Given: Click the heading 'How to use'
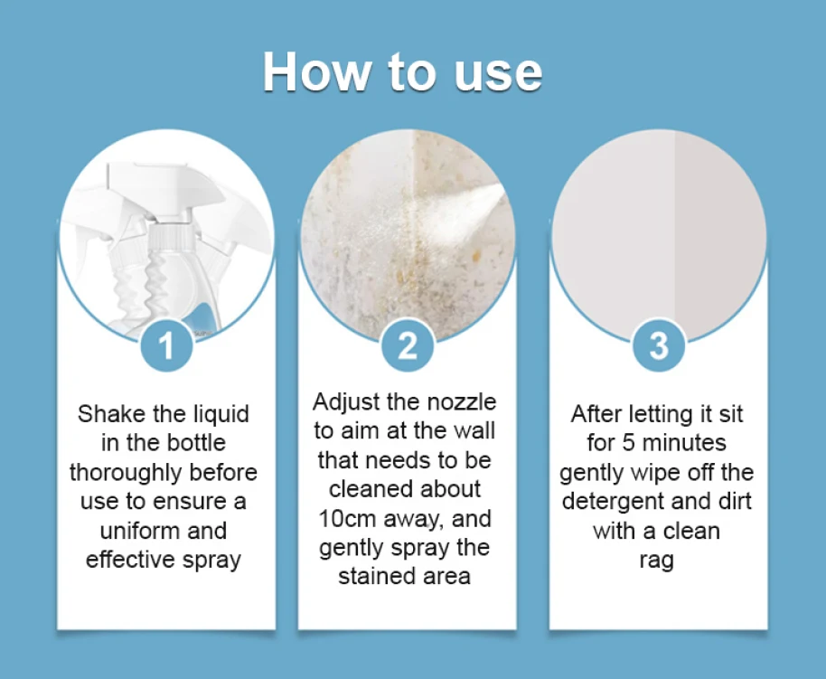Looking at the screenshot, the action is click(x=402, y=71).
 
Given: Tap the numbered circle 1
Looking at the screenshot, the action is click(x=166, y=345).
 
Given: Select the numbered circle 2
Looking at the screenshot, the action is click(x=408, y=345).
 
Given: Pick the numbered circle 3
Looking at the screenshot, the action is click(x=659, y=345).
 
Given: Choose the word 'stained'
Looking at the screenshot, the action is click(x=372, y=576).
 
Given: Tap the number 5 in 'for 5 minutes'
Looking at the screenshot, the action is click(x=628, y=443).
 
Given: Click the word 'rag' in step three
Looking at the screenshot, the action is click(x=656, y=561).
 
